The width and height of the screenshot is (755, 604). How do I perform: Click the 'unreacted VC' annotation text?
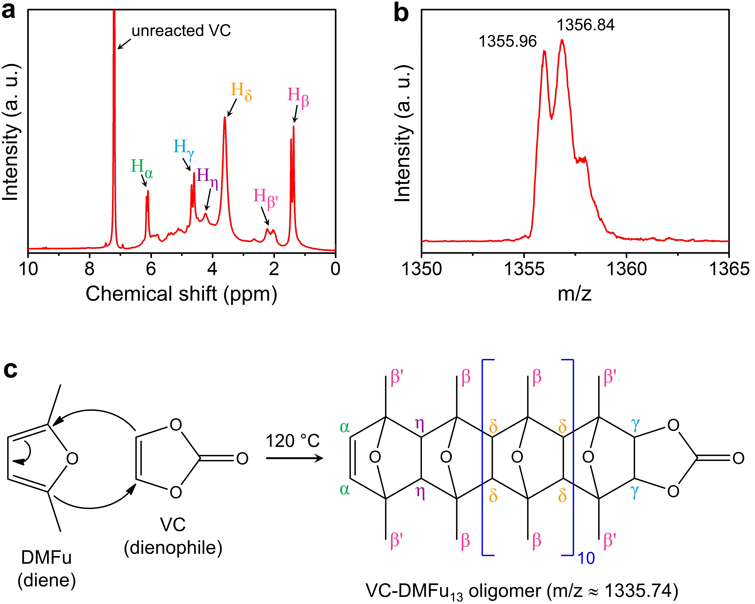tap(181, 31)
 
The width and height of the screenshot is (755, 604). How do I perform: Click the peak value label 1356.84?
tap(585, 25)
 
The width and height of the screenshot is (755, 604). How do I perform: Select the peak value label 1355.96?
tap(507, 42)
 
